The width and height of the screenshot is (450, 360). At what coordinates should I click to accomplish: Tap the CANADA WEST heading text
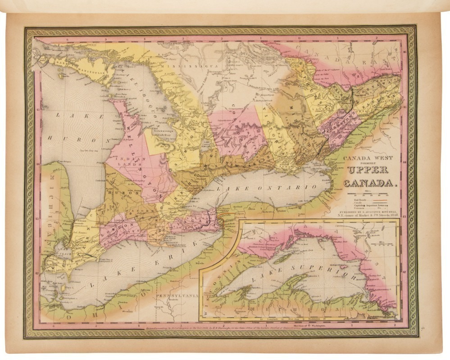(x=368, y=158)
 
